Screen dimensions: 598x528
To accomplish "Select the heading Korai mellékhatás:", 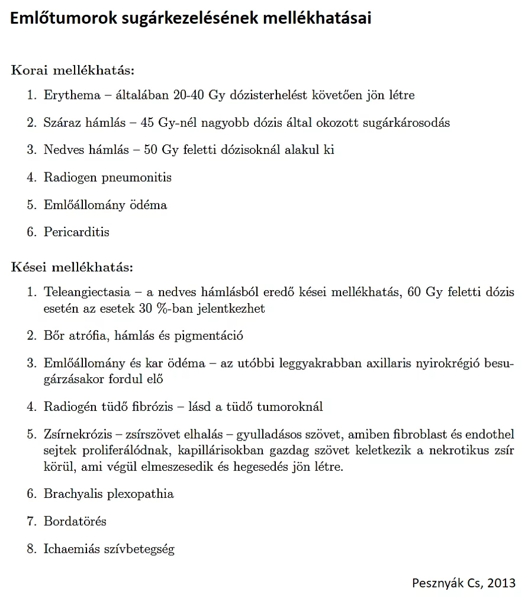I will pyautogui.click(x=73, y=70).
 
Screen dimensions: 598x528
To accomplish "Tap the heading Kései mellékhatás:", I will pyautogui.click(x=72, y=266).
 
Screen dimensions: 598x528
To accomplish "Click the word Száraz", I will pyautogui.click(x=62, y=123).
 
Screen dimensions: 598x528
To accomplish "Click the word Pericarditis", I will pyautogui.click(x=76, y=232).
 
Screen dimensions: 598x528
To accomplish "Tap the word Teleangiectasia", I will pyautogui.click(x=88, y=292).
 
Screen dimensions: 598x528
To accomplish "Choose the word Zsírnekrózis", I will pyautogui.click(x=79, y=435).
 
